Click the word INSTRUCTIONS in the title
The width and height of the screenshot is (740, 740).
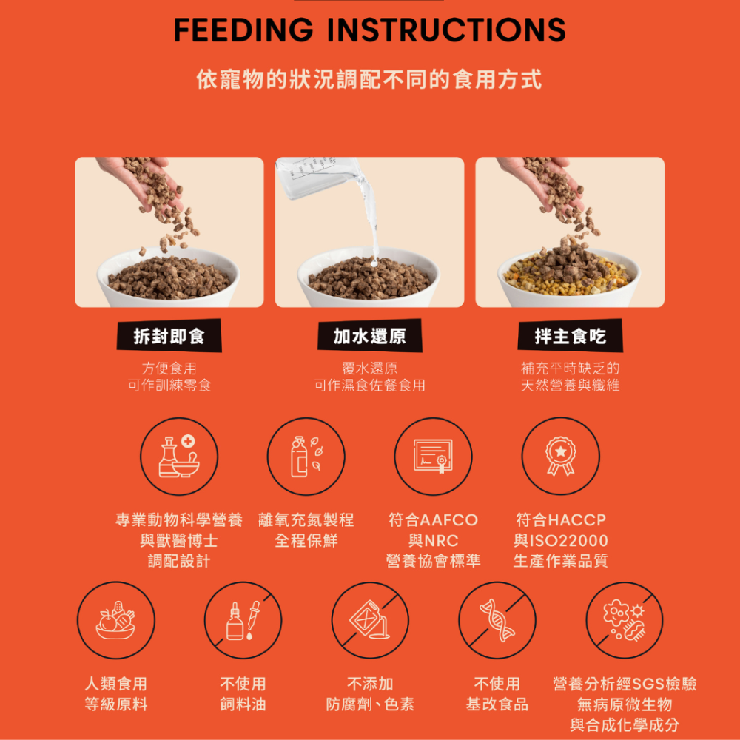(x=445, y=30)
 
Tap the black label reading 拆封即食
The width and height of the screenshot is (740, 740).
(x=169, y=337)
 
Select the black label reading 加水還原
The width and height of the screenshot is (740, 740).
(x=369, y=337)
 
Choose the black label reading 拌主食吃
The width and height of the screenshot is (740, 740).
(x=570, y=337)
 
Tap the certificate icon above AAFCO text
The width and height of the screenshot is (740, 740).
(x=433, y=457)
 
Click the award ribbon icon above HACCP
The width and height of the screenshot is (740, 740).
(x=560, y=457)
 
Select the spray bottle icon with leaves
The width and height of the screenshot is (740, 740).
(x=306, y=457)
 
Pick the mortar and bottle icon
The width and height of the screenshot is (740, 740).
(x=179, y=457)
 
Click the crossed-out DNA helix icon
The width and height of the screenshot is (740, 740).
(x=497, y=620)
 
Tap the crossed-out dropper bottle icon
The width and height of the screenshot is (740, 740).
(x=243, y=620)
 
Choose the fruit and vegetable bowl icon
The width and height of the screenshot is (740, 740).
(x=116, y=620)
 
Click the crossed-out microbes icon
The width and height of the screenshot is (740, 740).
(x=625, y=620)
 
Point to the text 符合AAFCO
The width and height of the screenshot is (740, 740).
(x=433, y=520)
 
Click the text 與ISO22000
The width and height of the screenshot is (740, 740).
(x=560, y=541)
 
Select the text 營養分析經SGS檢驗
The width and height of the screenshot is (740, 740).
(x=625, y=684)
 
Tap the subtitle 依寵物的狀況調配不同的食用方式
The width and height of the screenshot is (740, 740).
(x=369, y=79)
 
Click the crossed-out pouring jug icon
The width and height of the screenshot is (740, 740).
(x=370, y=620)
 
